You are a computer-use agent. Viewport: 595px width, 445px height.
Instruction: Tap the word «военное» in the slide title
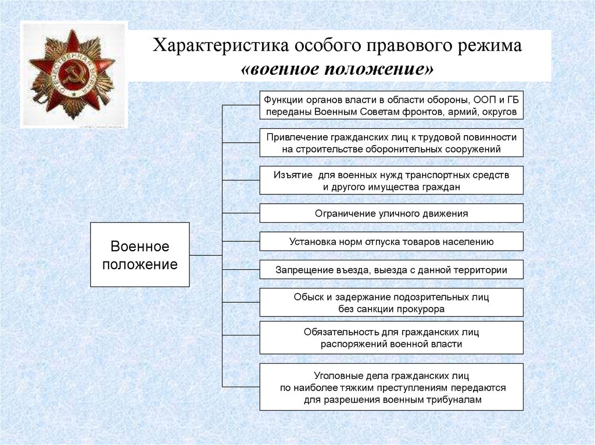(284, 70)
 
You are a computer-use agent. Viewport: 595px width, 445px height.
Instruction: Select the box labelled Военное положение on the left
(139, 255)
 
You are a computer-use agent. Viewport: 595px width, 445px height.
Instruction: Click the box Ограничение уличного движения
(391, 214)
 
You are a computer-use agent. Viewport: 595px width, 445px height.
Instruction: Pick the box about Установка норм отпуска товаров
(391, 241)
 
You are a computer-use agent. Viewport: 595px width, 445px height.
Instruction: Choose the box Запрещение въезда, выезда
(391, 270)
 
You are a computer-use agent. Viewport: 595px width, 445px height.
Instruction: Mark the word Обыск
(307, 297)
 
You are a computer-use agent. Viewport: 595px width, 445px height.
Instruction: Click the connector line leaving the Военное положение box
(206, 255)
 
